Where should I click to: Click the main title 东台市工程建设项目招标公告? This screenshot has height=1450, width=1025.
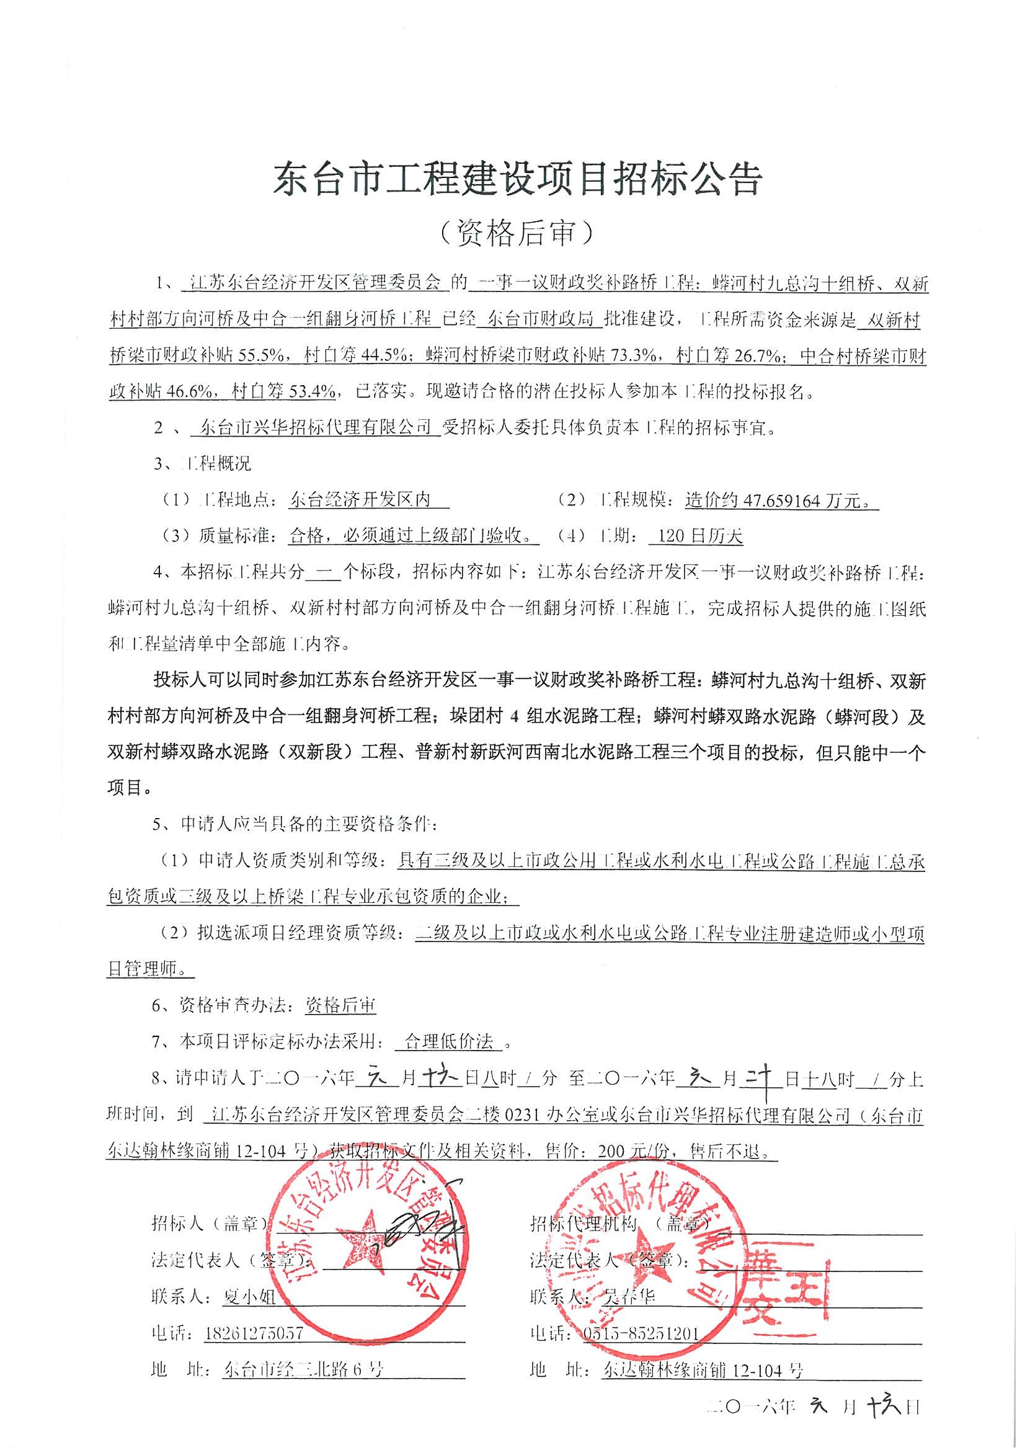(517, 180)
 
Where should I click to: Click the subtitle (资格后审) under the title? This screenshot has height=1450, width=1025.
(517, 233)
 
